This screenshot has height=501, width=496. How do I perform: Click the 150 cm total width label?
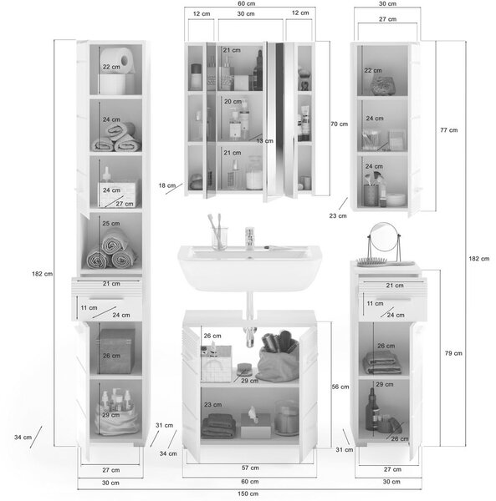(x=248, y=493)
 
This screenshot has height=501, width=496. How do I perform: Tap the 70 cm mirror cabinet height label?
(x=340, y=124)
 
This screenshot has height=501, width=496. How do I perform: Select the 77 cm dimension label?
(x=448, y=130)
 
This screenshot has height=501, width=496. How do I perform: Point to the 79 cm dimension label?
(x=453, y=353)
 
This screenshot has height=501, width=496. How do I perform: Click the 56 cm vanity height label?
(x=340, y=387)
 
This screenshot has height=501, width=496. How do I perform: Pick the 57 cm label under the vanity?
(x=250, y=468)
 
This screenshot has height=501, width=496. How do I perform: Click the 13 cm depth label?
(x=264, y=141)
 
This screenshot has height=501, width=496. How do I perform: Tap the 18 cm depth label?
(x=167, y=185)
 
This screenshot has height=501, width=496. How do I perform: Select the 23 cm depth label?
(x=338, y=215)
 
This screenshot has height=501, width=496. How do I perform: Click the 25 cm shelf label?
(x=111, y=223)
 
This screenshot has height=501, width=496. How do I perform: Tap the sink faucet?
(x=250, y=238)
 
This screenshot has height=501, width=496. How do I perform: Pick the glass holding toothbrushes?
(x=219, y=238)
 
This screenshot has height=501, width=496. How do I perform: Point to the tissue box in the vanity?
(x=255, y=423)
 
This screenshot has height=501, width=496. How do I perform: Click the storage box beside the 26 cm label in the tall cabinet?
(x=115, y=351)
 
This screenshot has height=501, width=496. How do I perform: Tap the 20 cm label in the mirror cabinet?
(x=233, y=102)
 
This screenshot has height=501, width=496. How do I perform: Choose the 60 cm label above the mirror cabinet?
(x=247, y=3)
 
